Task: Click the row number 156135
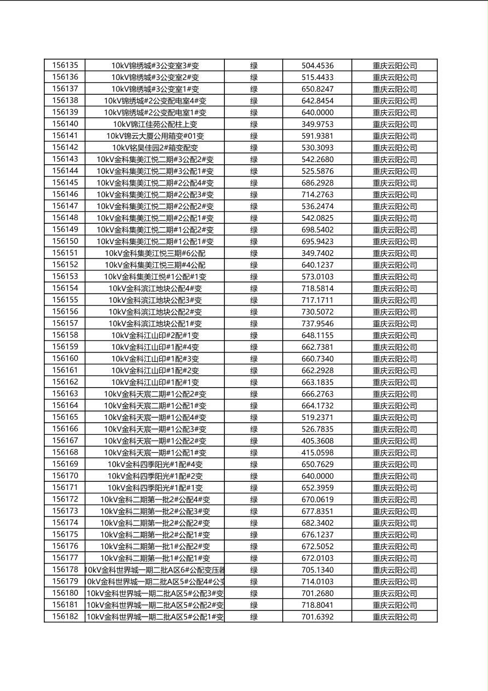[65, 65]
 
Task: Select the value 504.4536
[317, 66]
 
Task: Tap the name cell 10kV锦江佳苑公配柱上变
[155, 124]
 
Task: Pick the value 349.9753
[317, 124]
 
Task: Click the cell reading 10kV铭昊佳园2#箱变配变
[155, 148]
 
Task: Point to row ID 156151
[65, 253]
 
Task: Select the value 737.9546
[317, 324]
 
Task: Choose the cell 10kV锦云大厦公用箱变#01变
[155, 136]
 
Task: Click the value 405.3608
[317, 441]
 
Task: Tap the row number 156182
[65, 617]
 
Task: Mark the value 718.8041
[317, 605]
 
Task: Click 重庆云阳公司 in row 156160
[394, 359]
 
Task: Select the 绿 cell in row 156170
[254, 476]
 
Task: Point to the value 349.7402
[317, 253]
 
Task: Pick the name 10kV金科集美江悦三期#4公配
[155, 265]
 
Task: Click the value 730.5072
[317, 312]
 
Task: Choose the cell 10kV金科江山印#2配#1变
[155, 335]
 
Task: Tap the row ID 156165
[65, 417]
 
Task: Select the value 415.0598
[317, 453]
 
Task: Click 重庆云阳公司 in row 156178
[394, 570]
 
